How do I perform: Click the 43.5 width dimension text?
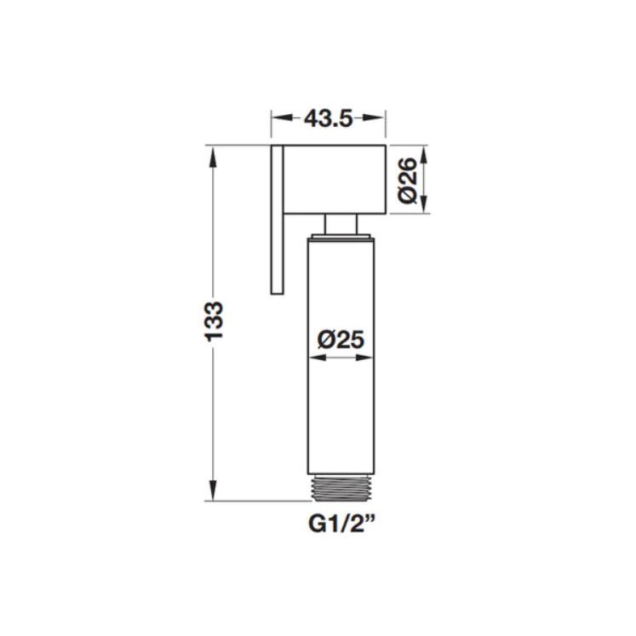pyautogui.click(x=329, y=118)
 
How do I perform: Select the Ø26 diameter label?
pyautogui.click(x=407, y=180)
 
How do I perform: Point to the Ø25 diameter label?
pyautogui.click(x=341, y=340)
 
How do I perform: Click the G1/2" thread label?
pyautogui.click(x=341, y=525)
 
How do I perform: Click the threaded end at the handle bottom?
pyautogui.click(x=341, y=488)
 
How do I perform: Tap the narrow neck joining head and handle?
pyautogui.click(x=341, y=223)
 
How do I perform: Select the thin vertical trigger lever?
pyautogui.click(x=277, y=219)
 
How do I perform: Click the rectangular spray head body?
pyautogui.click(x=335, y=179)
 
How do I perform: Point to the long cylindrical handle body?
pyautogui.click(x=341, y=356)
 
